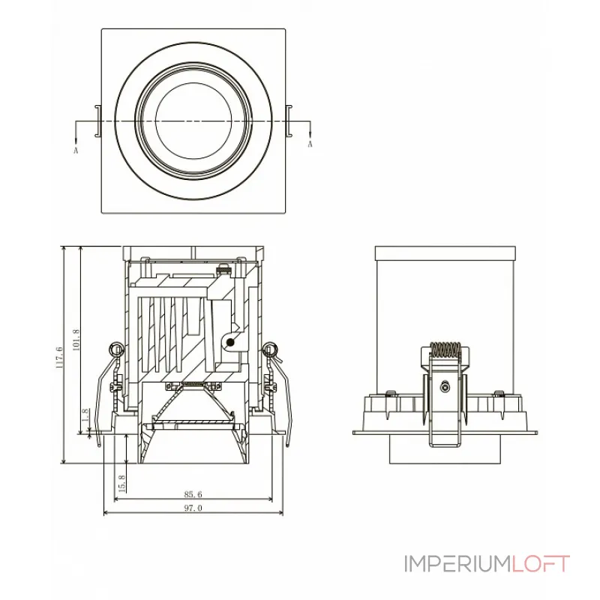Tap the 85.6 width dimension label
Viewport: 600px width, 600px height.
pos(193,494)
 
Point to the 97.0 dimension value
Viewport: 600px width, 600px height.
pos(193,508)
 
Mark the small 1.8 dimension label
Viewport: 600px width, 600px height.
pos(87,415)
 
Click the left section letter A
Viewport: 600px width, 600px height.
pos(76,150)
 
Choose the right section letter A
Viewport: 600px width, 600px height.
pos(310,144)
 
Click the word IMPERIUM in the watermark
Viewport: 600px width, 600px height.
pos(457,563)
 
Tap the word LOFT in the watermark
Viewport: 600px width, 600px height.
pos(541,563)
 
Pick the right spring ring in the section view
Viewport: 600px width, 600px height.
pos(271,349)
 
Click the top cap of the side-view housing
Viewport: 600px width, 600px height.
pos(446,253)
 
